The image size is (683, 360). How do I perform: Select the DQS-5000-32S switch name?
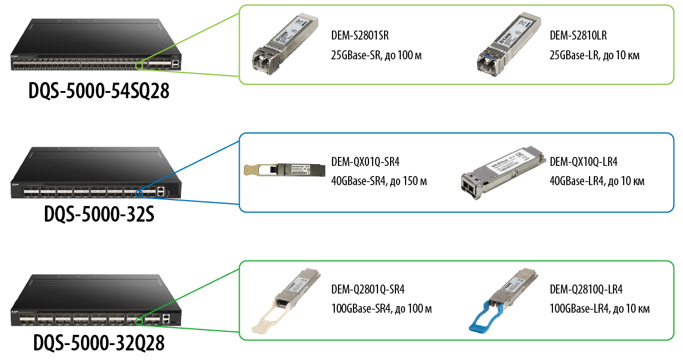[x=99, y=213]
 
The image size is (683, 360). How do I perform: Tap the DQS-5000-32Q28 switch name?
[x=99, y=343]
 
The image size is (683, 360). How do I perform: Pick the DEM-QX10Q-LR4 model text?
[x=584, y=162]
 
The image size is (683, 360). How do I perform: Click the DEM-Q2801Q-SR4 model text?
[x=368, y=290]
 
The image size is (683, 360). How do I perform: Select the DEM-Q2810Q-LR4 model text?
[x=586, y=290]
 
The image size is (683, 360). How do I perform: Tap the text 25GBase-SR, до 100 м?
[x=376, y=56]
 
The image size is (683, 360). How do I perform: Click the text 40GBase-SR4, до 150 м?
[x=379, y=181]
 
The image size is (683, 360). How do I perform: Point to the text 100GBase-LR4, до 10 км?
[x=599, y=309]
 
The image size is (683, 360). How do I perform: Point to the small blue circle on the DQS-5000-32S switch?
[x=138, y=192]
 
